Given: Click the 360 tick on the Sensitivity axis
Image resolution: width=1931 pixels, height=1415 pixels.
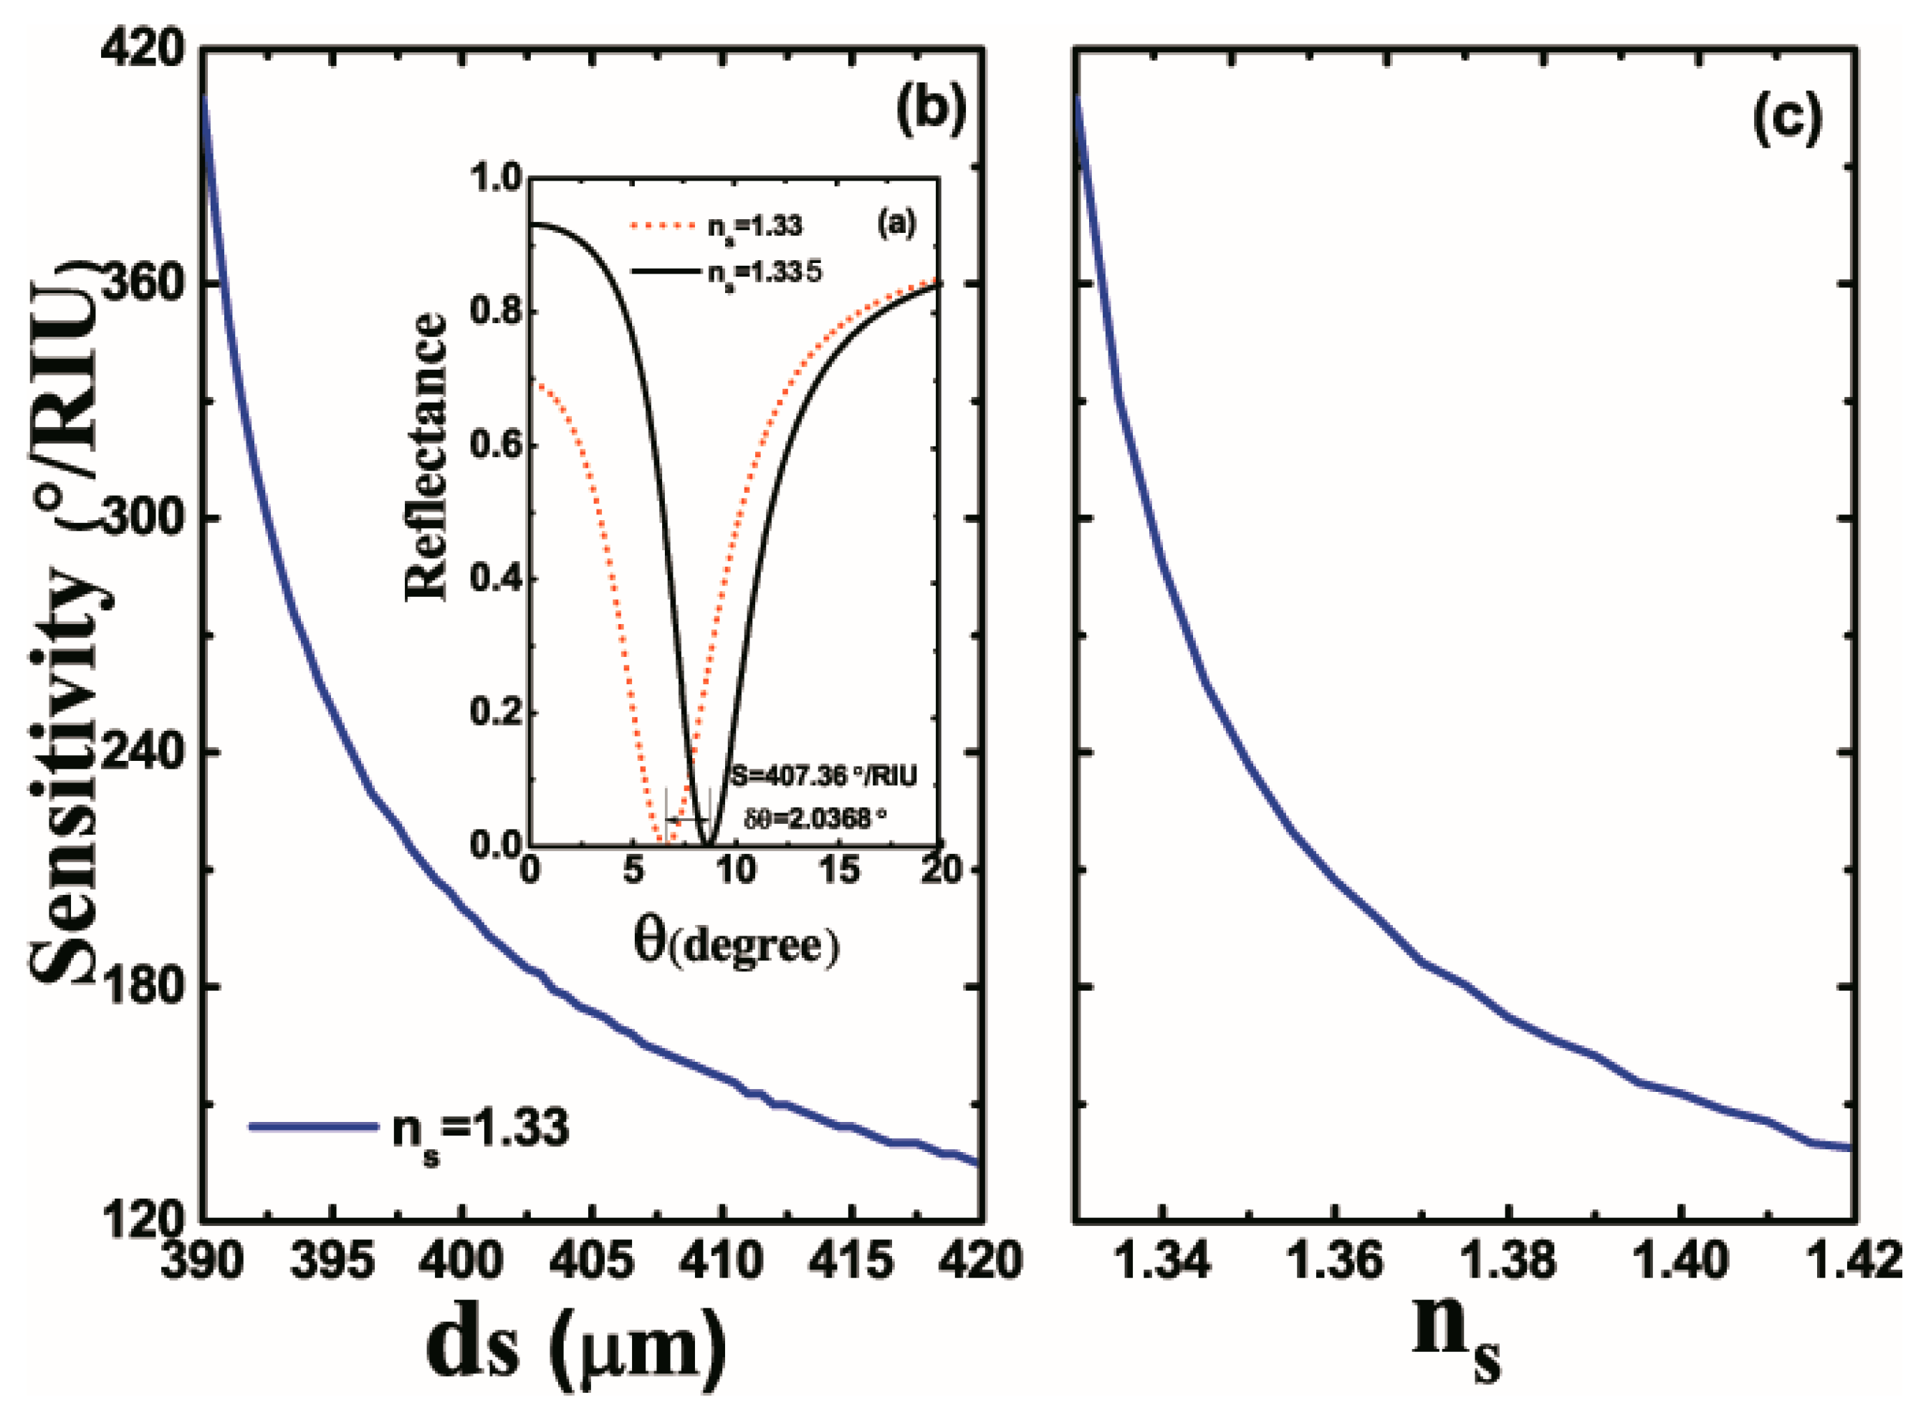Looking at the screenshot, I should (x=141, y=284).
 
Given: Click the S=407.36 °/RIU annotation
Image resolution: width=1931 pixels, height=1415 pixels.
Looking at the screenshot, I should (x=823, y=776).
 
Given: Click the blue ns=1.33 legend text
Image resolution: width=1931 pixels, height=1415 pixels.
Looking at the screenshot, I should (x=480, y=1129).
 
